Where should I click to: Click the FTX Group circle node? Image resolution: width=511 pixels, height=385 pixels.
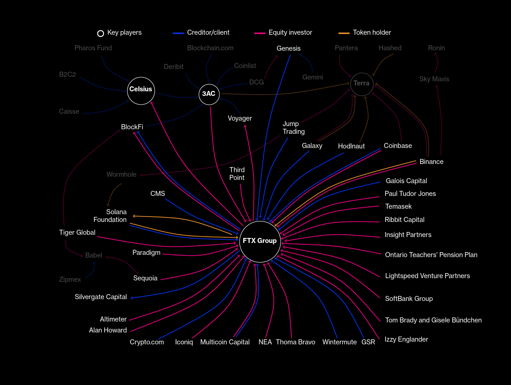pos(260,241)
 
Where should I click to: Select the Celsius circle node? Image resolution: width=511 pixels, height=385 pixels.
pos(141,90)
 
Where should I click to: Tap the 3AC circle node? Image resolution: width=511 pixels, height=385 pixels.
pos(209,94)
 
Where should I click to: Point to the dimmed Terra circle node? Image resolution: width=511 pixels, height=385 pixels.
pos(362,84)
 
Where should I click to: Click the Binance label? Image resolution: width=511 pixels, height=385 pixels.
pos(431,162)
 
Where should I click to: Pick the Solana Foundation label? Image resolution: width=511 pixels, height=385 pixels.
pos(110,216)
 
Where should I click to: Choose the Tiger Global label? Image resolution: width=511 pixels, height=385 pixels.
pos(77,232)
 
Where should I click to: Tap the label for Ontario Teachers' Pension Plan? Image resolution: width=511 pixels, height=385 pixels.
pos(431,255)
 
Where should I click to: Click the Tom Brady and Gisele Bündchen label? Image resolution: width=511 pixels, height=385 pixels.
pos(433,320)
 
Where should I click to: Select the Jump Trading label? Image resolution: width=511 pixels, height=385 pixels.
pos(293,128)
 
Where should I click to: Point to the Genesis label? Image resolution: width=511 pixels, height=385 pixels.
pos(288,48)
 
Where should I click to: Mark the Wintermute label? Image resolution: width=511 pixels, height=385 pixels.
pos(339,342)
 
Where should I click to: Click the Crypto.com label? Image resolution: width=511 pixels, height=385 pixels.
pos(146,342)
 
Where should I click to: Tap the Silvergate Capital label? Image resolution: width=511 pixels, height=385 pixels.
pos(101,297)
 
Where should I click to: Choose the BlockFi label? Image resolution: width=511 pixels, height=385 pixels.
pos(132,127)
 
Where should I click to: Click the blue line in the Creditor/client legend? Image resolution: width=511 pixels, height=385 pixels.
pos(178,33)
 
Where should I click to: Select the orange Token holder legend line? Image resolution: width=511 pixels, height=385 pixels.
pos(344,33)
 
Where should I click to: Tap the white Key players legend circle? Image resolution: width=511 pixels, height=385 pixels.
pos(100,33)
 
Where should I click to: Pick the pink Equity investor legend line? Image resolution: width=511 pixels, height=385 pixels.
pos(260,33)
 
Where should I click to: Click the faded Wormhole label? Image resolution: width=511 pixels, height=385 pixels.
pos(121,174)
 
